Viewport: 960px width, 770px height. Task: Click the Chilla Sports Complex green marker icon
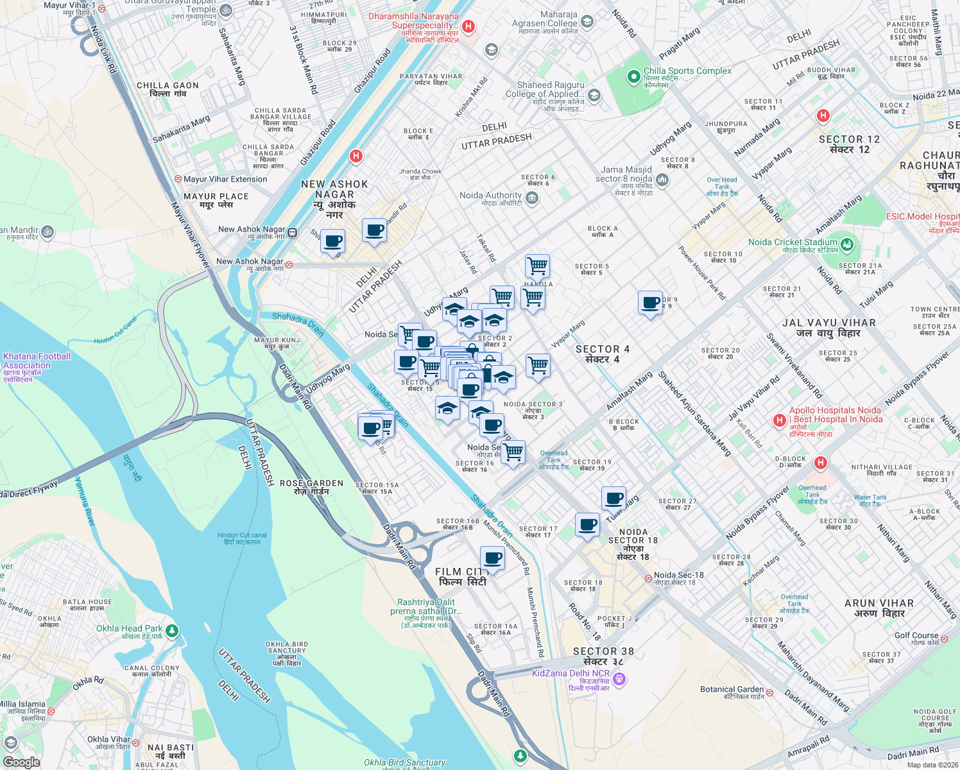tap(634, 77)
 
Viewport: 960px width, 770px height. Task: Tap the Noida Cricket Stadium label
tap(793, 243)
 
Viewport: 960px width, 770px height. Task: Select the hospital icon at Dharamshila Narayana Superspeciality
tap(468, 26)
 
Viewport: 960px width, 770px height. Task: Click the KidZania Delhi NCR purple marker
tap(619, 678)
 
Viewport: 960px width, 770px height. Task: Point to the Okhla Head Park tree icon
tap(171, 631)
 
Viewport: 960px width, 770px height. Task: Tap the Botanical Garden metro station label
tap(732, 690)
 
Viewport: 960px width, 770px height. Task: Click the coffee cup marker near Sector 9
tap(650, 302)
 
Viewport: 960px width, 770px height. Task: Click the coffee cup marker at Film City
tap(492, 558)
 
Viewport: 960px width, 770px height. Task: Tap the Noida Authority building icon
tap(531, 198)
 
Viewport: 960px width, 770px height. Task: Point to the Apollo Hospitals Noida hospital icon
tap(780, 420)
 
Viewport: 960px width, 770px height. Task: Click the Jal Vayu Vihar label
tap(828, 328)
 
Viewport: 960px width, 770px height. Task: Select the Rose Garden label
tap(311, 487)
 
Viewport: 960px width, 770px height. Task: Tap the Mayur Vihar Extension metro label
tap(225, 180)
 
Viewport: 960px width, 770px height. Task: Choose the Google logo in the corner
tap(21, 762)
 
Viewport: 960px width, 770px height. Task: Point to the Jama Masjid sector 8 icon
tap(662, 180)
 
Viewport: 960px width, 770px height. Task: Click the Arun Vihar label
tap(879, 608)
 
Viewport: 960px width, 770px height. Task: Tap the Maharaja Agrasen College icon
tap(587, 22)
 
